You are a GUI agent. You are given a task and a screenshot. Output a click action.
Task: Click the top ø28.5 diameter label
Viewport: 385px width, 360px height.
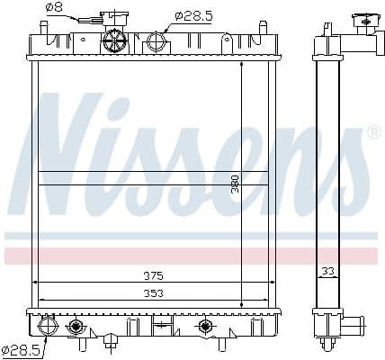click(x=192, y=14)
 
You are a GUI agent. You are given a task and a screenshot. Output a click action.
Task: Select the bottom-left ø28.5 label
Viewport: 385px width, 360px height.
click(x=21, y=347)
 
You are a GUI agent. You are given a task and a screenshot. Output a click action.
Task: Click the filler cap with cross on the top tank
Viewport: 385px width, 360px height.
click(x=114, y=40)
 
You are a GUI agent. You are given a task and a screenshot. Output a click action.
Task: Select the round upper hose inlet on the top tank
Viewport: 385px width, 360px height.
click(x=156, y=42)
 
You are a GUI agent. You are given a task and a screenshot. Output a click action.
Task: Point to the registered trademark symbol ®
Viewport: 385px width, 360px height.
click(x=374, y=132)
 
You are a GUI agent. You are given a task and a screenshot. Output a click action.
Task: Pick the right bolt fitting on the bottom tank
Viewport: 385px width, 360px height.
click(x=205, y=325)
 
